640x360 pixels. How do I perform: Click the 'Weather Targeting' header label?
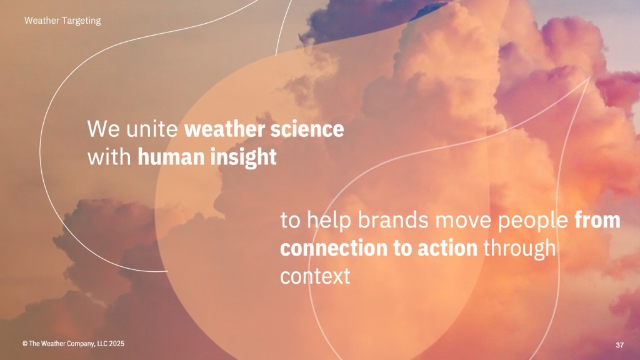[62, 21]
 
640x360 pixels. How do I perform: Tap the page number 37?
[619, 345]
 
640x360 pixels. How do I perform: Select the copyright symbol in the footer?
[25, 344]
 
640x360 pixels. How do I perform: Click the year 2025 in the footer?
[117, 344]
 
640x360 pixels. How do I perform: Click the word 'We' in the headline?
[104, 129]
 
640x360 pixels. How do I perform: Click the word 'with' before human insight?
[109, 157]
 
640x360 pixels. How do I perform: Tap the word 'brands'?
[393, 220]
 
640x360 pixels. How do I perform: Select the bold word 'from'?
[597, 221]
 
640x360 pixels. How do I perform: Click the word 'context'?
[315, 276]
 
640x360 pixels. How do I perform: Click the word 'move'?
[463, 221]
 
